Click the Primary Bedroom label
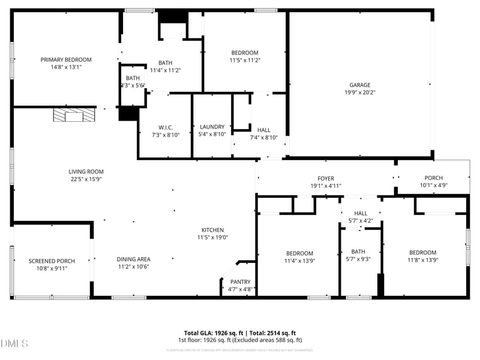click(66, 59)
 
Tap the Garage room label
click(360, 85)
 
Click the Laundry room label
click(212, 127)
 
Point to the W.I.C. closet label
click(166, 127)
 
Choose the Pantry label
click(240, 281)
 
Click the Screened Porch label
click(52, 261)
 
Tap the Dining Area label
click(133, 259)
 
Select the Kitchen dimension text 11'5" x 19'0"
click(212, 238)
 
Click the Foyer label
click(326, 178)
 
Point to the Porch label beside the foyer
click(433, 178)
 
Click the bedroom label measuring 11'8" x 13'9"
click(422, 253)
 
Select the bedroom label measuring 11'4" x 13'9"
click(299, 253)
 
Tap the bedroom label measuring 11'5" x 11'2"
click(245, 53)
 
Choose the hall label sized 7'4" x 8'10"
click(263, 130)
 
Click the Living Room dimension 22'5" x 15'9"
click(86, 179)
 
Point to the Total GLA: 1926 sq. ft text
click(213, 333)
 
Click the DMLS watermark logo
click(14, 343)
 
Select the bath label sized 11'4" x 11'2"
click(169, 63)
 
